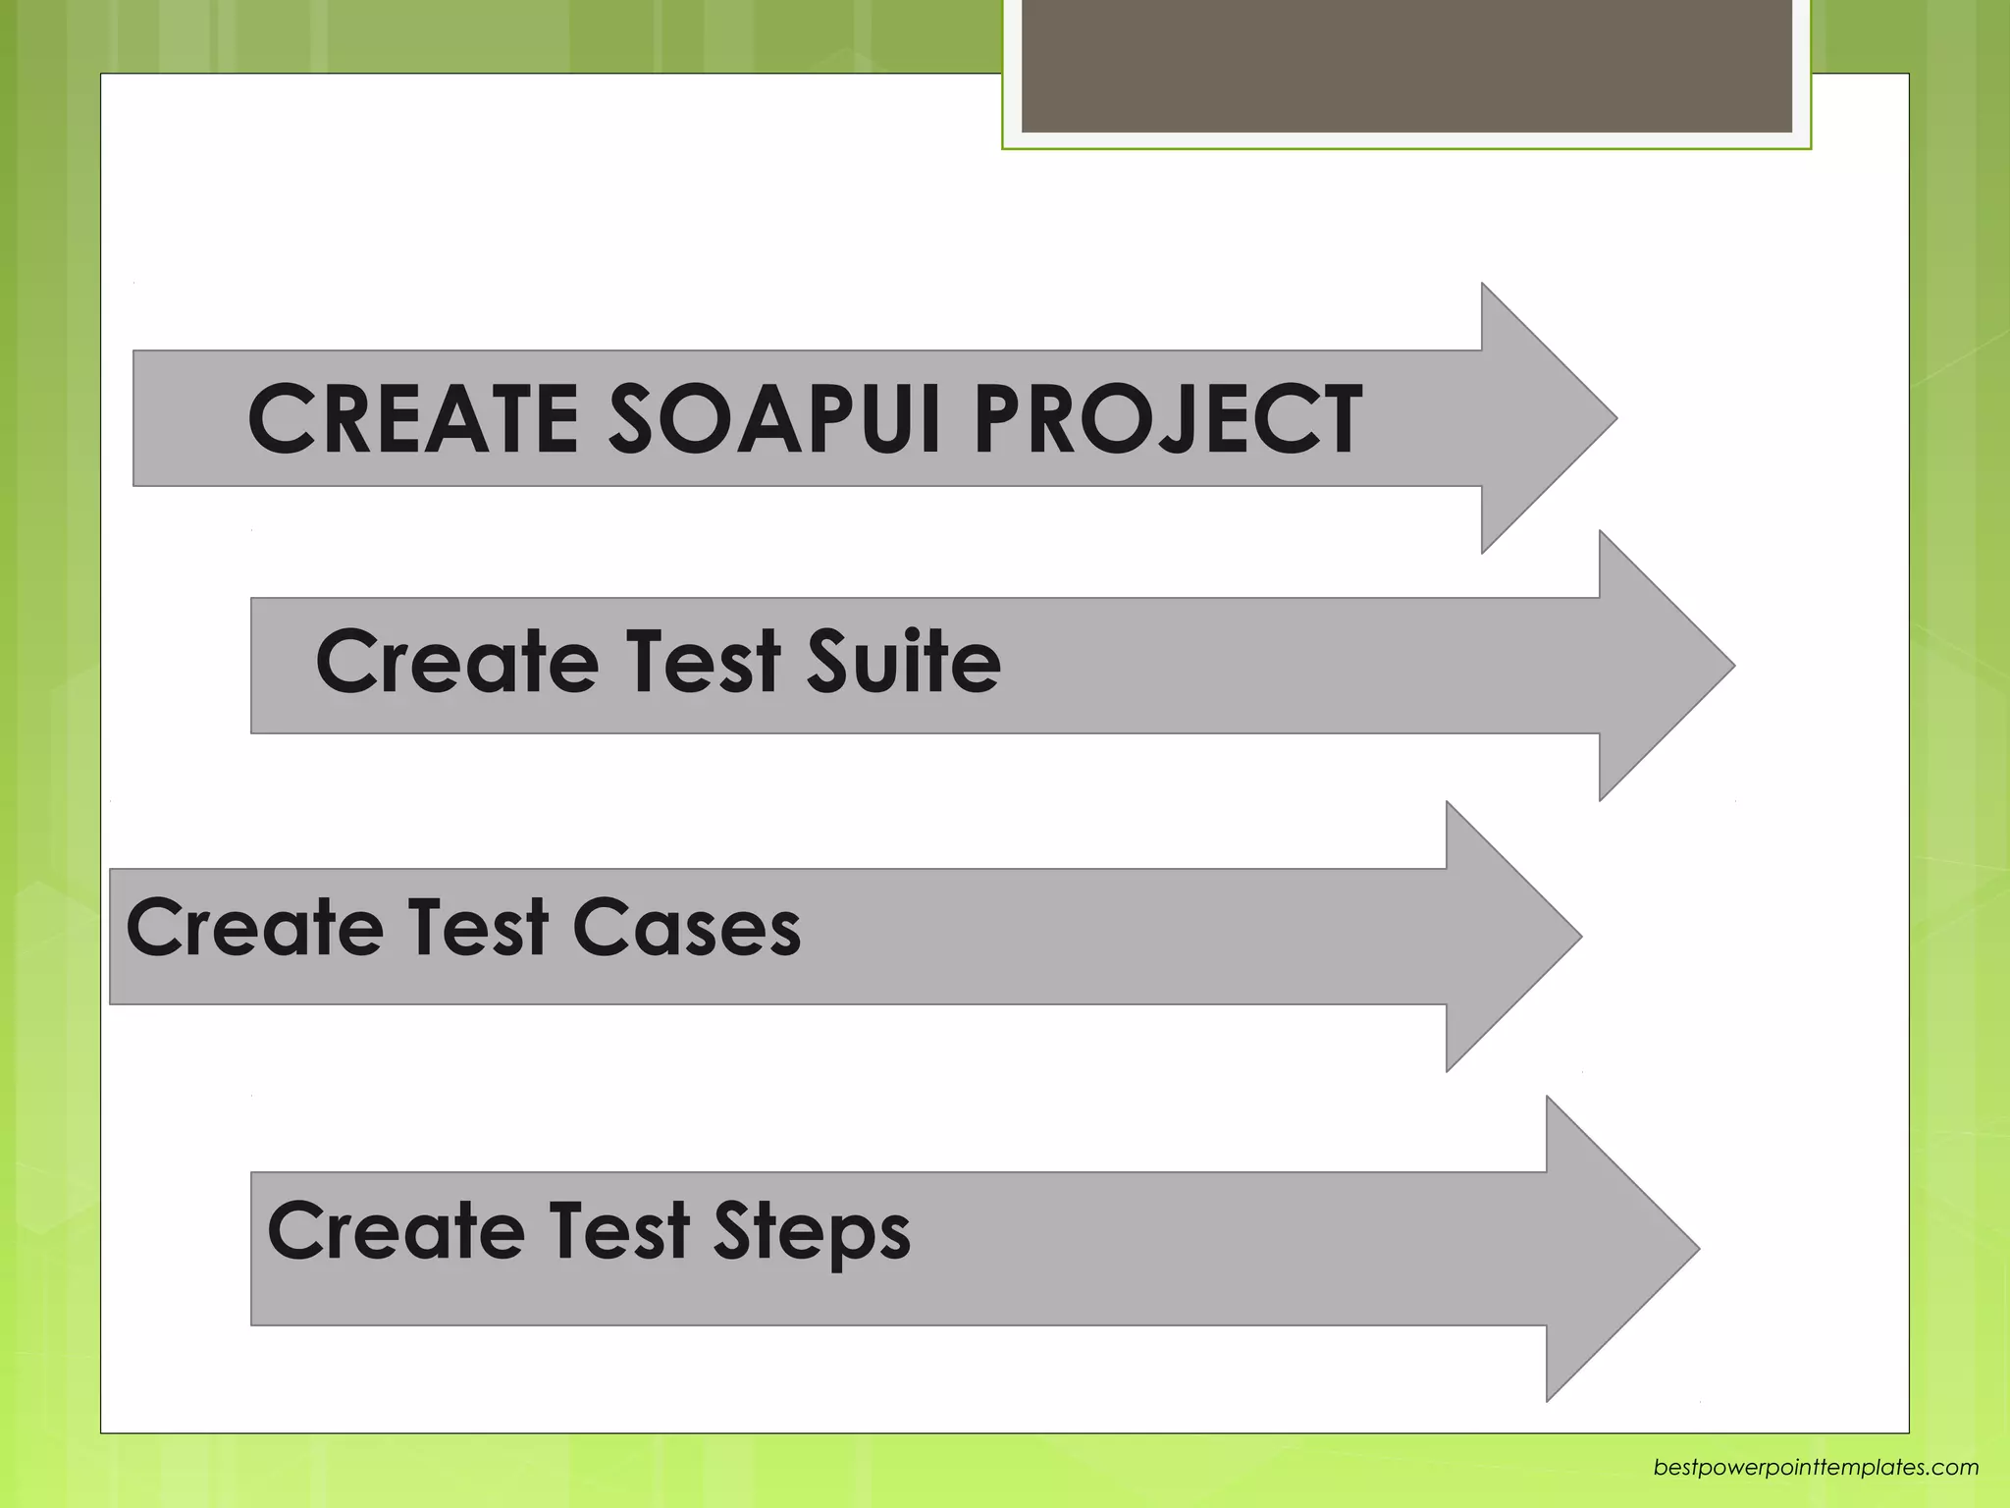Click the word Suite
point(903,661)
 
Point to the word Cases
point(686,928)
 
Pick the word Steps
point(812,1232)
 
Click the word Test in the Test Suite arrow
point(703,661)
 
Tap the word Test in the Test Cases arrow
point(478,928)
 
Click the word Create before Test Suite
point(456,661)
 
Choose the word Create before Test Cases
point(254,928)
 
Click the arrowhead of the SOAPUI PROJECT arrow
point(1541,418)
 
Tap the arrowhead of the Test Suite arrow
point(1659,666)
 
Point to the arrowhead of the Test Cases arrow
point(1507,936)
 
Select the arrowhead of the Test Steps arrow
point(1614,1248)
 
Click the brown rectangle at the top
point(1406,66)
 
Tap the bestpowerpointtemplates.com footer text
point(1816,1468)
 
